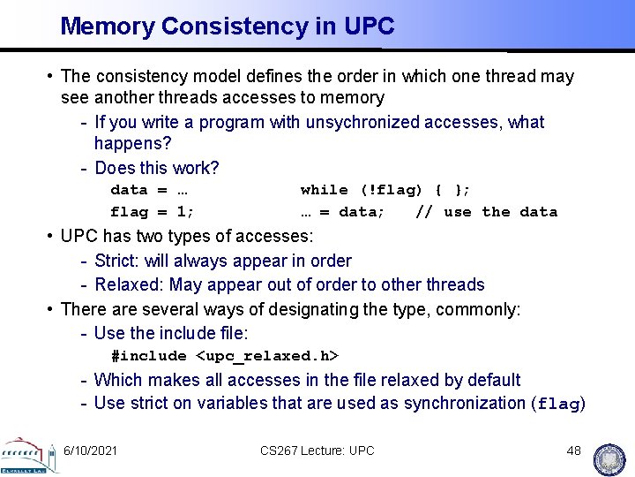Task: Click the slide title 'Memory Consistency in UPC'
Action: click(227, 26)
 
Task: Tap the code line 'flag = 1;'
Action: click(152, 212)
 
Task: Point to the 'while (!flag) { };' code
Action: click(385, 190)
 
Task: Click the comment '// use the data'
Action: click(486, 212)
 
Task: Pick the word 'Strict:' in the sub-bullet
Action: click(120, 261)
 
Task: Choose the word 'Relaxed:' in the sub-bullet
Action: click(129, 284)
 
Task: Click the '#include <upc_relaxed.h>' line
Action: click(225, 356)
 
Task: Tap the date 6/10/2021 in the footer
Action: click(90, 450)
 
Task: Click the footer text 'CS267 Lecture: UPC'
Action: click(317, 450)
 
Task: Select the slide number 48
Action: click(574, 450)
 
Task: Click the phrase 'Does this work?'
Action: click(156, 168)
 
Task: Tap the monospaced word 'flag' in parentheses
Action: click(557, 405)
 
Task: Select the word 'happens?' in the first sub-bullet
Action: click(132, 143)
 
